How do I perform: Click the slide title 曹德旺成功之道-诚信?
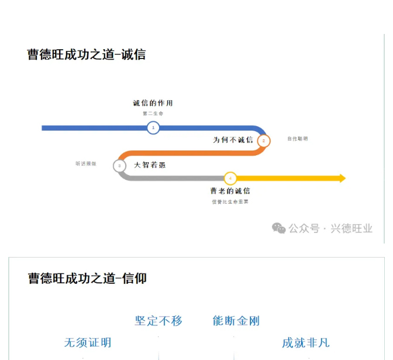coord(87,54)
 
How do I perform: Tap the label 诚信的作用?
coord(153,104)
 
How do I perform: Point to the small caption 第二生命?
coord(153,114)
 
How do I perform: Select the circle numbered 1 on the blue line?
coord(153,128)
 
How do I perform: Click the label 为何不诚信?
coord(233,140)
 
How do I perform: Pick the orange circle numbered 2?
coord(263,140)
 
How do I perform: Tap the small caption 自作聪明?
coord(297,139)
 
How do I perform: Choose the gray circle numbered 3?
coord(119,166)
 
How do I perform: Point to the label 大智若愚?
coord(150,165)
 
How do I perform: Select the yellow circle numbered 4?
coord(230,178)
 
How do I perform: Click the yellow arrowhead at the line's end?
coord(342,178)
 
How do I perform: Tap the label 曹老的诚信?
coord(230,191)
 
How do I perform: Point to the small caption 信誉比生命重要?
coord(230,201)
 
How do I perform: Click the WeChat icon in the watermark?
coord(279,228)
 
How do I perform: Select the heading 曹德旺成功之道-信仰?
coord(87,279)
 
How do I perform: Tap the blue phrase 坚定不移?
coord(158,321)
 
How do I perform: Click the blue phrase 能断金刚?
coord(236,321)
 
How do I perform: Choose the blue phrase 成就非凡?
coord(305,342)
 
